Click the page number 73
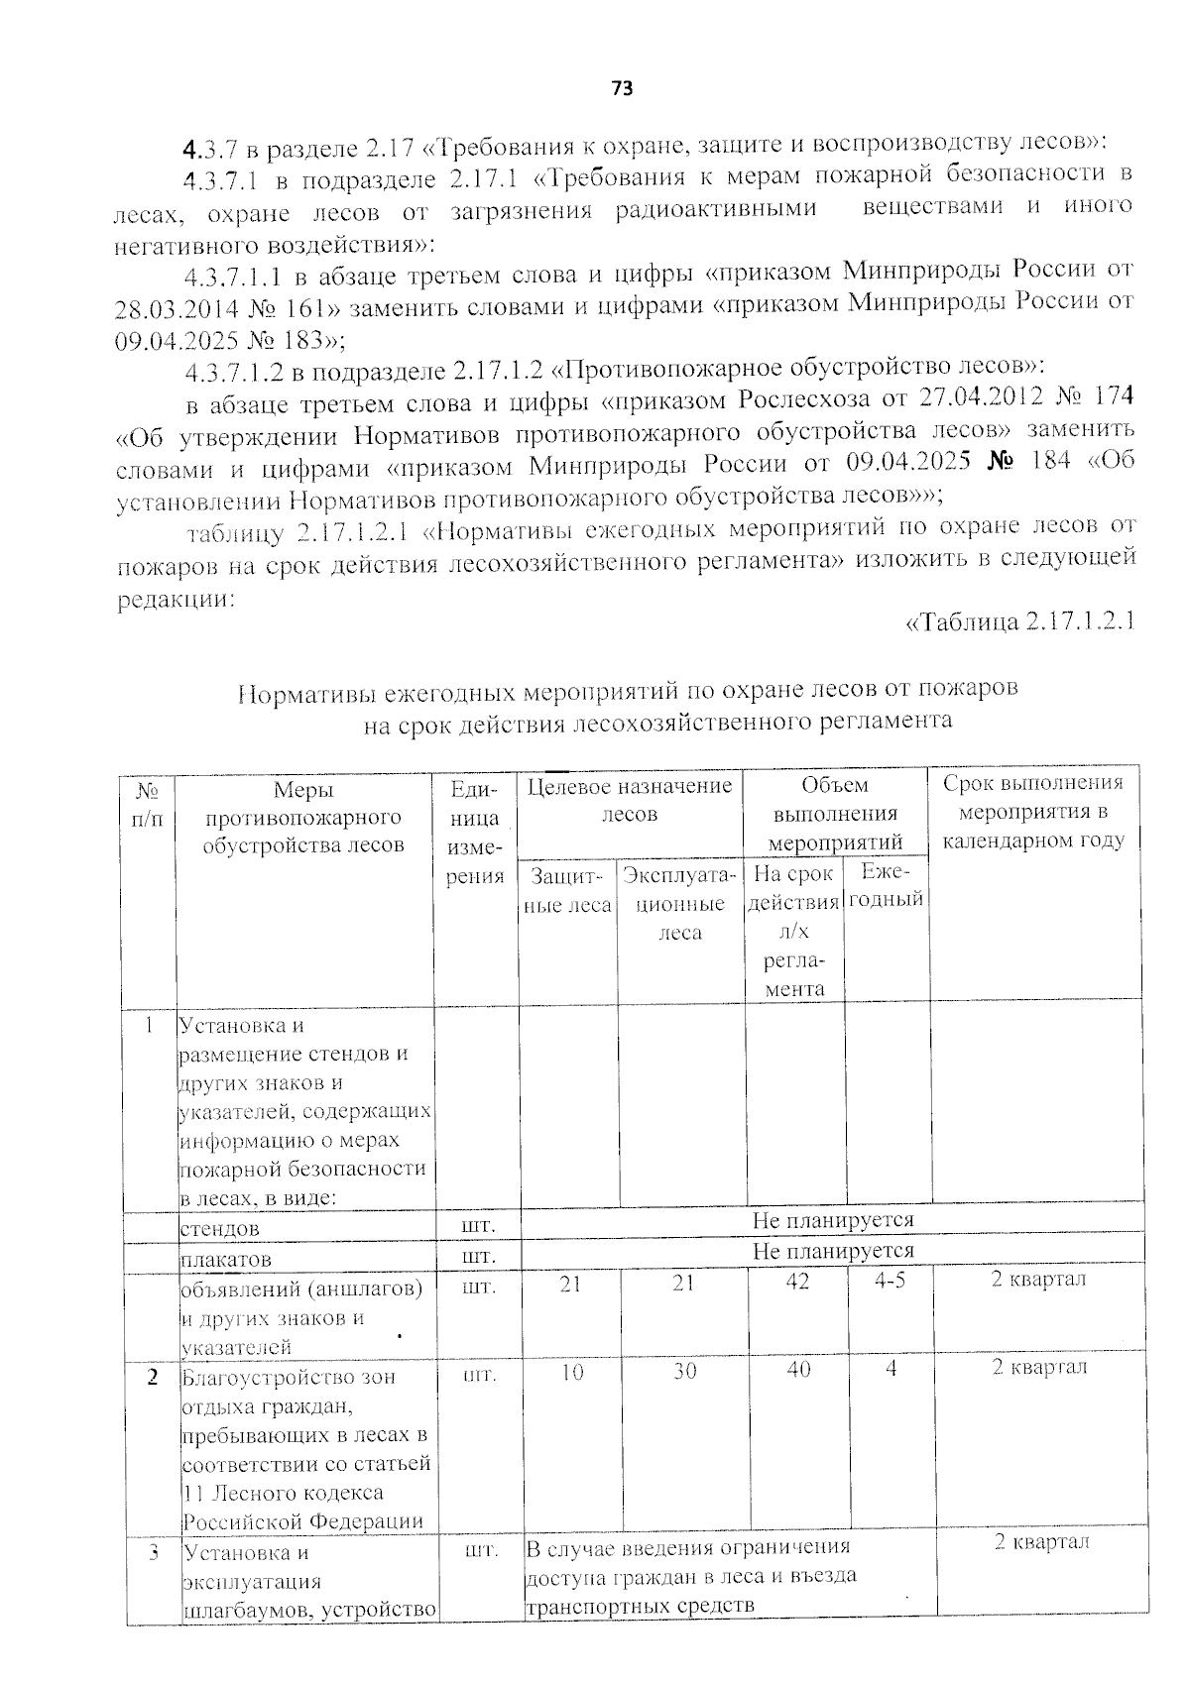pyautogui.click(x=622, y=89)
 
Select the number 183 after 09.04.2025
pyautogui.click(x=304, y=340)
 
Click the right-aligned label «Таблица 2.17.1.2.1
pyautogui.click(x=1020, y=622)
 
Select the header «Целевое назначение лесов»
pyautogui.click(x=630, y=800)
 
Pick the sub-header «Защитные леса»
pyautogui.click(x=567, y=890)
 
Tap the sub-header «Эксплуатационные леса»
pyautogui.click(x=680, y=903)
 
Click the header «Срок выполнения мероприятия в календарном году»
pyautogui.click(x=1033, y=812)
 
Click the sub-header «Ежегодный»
pyautogui.click(x=887, y=885)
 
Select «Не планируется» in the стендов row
pyautogui.click(x=833, y=1220)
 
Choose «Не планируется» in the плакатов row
pyautogui.click(x=833, y=1251)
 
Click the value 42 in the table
pyautogui.click(x=796, y=1282)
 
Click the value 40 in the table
pyautogui.click(x=797, y=1369)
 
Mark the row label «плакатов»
pyautogui.click(x=226, y=1259)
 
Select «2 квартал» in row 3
pyautogui.click(x=1041, y=1542)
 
